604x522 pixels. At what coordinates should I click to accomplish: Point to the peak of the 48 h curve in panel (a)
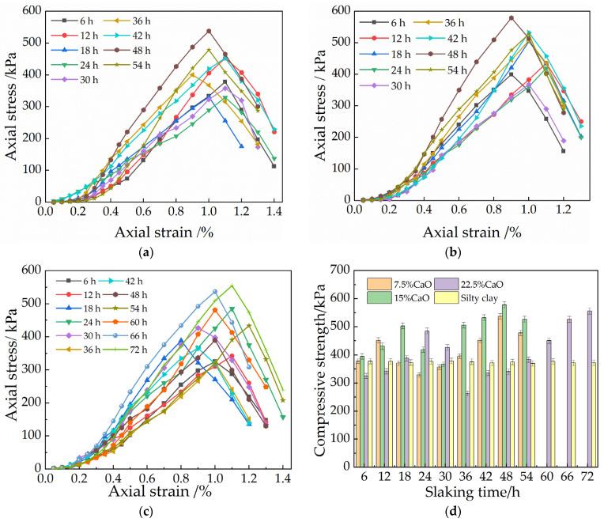[x=209, y=31]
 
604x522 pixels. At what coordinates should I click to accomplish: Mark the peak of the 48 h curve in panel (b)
[x=512, y=17]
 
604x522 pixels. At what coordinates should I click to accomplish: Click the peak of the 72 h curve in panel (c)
[x=232, y=286]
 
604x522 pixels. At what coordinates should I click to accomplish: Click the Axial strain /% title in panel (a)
[x=159, y=233]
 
